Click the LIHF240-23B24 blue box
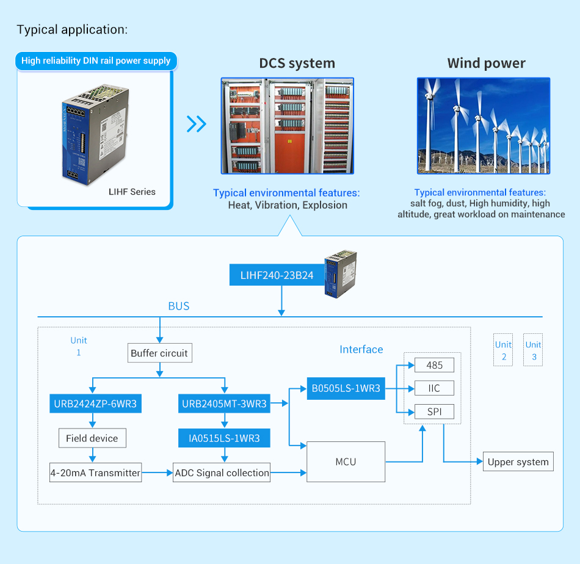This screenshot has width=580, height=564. [277, 275]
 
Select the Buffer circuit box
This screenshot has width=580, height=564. [159, 353]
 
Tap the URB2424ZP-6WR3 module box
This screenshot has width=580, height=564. [95, 403]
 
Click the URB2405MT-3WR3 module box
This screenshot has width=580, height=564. [224, 403]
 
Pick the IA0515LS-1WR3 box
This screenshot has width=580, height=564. [224, 438]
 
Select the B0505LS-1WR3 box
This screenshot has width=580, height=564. [346, 388]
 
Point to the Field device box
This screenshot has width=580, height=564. [92, 438]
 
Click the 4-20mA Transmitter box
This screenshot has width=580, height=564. [95, 472]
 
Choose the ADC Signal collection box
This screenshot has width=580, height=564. [222, 472]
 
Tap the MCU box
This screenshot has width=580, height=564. [346, 461]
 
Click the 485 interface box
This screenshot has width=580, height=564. [434, 365]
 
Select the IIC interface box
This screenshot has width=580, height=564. [434, 388]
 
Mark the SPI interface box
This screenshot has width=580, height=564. [434, 411]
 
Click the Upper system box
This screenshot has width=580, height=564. [518, 461]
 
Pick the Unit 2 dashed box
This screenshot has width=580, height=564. [503, 350]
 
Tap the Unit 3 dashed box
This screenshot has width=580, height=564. [533, 350]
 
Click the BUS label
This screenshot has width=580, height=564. [179, 306]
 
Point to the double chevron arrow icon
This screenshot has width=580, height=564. [196, 124]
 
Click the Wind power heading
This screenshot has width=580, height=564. [486, 63]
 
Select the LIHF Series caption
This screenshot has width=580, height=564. [132, 192]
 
